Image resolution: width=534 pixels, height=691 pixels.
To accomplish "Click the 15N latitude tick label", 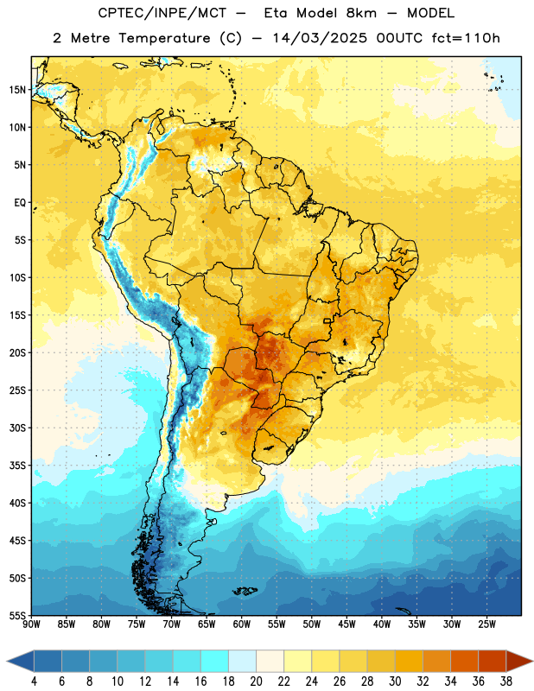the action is pos(17,90).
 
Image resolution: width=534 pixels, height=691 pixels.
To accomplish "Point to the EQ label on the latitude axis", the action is pos(20,203).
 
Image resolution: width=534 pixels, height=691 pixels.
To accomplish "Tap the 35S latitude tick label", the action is pos(17,466).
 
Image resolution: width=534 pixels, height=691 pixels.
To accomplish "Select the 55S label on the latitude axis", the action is pos(17,615).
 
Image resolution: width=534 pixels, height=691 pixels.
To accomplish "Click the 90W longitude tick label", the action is pos(31,624).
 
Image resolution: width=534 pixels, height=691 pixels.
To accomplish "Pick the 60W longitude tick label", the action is pos(242,624).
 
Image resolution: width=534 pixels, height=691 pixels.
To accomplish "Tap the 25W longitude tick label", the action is pos(486,624).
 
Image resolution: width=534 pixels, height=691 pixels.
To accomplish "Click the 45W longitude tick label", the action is pos(346,624).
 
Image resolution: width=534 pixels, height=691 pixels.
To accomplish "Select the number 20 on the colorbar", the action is pos(256,681).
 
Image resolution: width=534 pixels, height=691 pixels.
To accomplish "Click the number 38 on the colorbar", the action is pos(506,681).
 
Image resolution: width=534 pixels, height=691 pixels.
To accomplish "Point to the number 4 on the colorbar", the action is pos(34,681).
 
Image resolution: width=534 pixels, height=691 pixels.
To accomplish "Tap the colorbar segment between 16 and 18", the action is pos(215,661).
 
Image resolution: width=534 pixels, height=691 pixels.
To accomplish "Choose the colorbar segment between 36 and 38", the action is pos(493,661).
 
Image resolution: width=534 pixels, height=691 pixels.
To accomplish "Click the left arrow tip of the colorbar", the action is pos(7,661).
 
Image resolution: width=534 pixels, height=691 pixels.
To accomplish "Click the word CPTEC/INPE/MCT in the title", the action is pos(162,13).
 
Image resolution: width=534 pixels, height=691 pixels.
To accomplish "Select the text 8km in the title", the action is pos(361,13).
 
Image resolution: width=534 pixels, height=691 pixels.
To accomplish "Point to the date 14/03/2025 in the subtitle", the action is pos(320,38).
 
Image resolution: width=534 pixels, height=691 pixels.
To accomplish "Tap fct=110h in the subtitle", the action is pos(466,38).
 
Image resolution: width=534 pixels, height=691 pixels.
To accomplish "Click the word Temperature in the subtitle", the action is pos(164,39).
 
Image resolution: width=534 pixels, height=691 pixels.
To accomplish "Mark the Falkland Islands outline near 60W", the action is pos(245,591).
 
